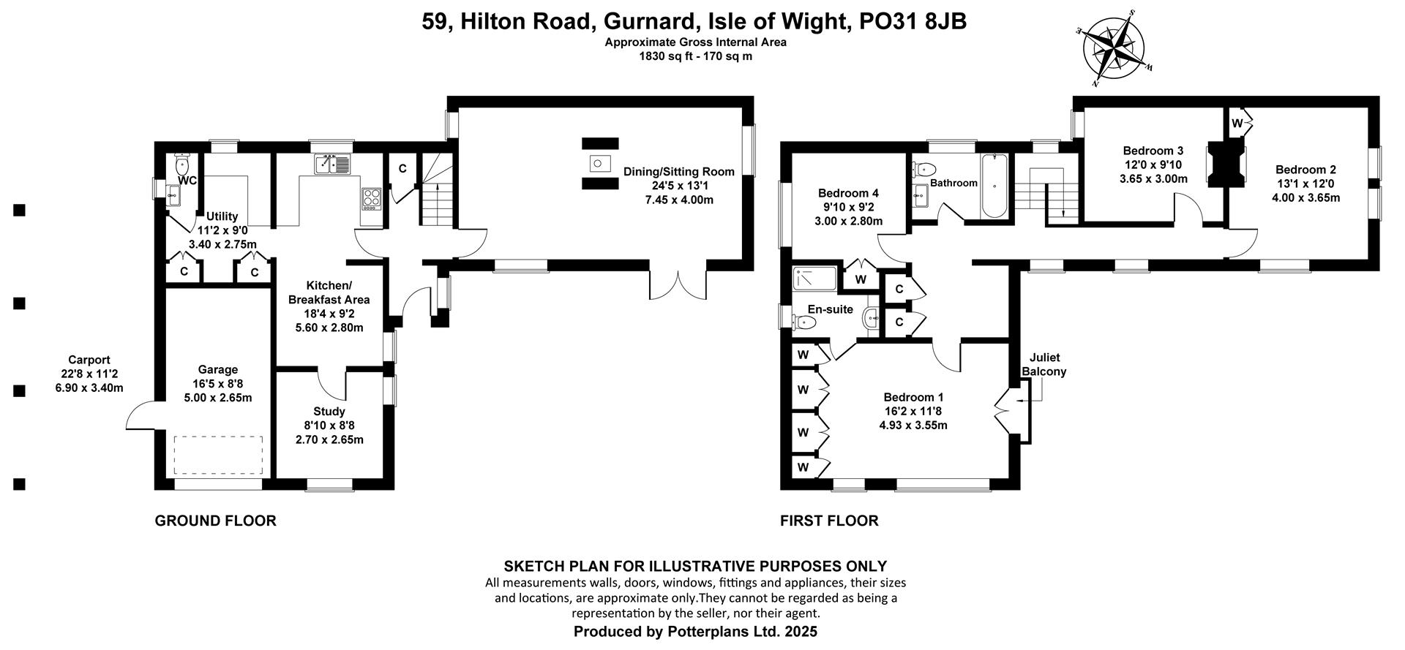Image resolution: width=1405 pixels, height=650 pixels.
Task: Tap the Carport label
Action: pyautogui.click(x=89, y=373)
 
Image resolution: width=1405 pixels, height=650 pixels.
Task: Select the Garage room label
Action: pyautogui.click(x=218, y=384)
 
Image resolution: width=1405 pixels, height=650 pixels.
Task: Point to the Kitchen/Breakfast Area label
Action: pyautogui.click(x=329, y=306)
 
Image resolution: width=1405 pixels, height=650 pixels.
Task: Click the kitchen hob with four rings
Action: pyautogui.click(x=372, y=198)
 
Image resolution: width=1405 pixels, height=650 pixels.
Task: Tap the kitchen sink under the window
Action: pyautogui.click(x=333, y=165)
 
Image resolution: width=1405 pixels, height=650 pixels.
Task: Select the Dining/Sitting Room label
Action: pyautogui.click(x=679, y=186)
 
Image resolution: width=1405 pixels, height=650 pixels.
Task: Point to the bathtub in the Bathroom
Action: pyautogui.click(x=994, y=186)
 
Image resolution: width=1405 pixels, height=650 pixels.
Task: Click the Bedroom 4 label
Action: pyautogui.click(x=849, y=207)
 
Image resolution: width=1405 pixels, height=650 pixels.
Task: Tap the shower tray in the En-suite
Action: pyautogui.click(x=814, y=279)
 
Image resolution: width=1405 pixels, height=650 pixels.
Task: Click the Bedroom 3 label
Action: pyautogui.click(x=1154, y=165)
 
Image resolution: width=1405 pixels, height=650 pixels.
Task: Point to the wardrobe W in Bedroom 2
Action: pyautogui.click(x=1236, y=124)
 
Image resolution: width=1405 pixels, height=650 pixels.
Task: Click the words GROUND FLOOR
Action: pyautogui.click(x=216, y=521)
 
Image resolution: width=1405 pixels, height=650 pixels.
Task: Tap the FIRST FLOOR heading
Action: pyautogui.click(x=829, y=521)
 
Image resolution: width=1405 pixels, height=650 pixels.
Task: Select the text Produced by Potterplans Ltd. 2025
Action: pyautogui.click(x=695, y=631)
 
